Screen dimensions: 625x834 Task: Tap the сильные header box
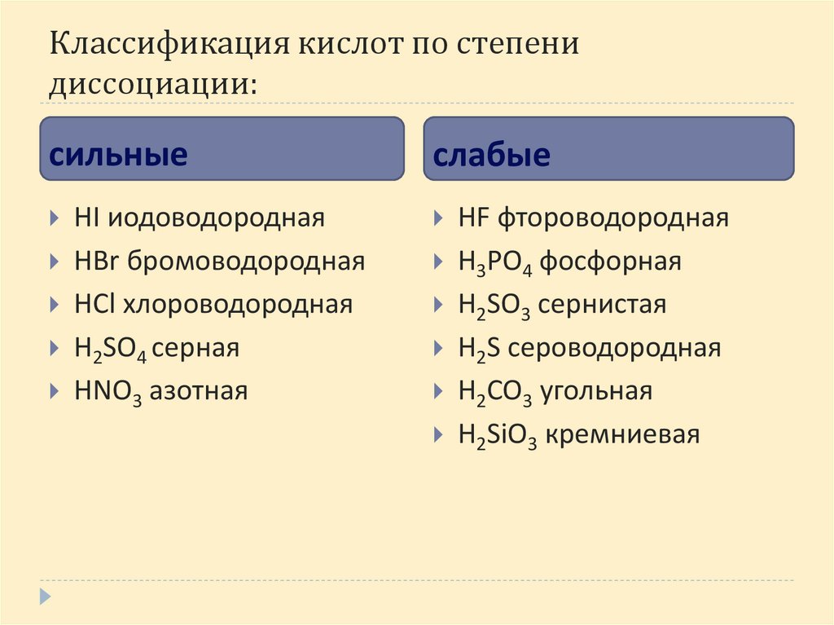click(x=222, y=148)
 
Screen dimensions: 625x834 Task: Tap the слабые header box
click(x=608, y=148)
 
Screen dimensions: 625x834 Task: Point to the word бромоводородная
click(x=245, y=262)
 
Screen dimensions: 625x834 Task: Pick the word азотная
click(x=206, y=391)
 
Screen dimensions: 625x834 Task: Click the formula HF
click(x=473, y=218)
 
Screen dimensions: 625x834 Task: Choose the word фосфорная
click(x=611, y=262)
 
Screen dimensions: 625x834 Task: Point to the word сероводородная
click(x=610, y=349)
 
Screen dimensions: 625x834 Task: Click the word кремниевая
click(x=623, y=435)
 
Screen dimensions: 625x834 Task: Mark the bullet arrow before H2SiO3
click(x=439, y=435)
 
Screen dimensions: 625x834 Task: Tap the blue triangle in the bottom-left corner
click(x=46, y=596)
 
